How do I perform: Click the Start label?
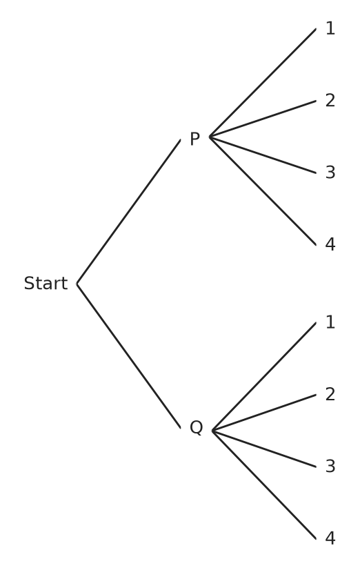(x=46, y=283)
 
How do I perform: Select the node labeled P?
(x=194, y=139)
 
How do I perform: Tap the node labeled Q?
(x=196, y=427)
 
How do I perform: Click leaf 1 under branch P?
(x=330, y=28)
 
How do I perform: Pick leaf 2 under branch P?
(x=330, y=100)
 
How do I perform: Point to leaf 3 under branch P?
(x=330, y=173)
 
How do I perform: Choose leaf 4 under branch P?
(x=330, y=244)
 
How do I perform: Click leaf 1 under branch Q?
(x=330, y=322)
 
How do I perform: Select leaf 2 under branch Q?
(x=330, y=394)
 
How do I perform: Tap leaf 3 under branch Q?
(x=330, y=467)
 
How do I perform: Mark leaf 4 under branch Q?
(x=330, y=538)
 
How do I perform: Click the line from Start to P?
(x=128, y=212)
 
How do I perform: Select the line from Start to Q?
(x=128, y=355)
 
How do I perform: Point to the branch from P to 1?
(x=263, y=83)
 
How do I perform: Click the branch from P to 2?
(x=263, y=119)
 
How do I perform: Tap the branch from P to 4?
(x=263, y=191)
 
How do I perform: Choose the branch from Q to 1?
(x=264, y=377)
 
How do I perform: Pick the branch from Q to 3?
(x=264, y=449)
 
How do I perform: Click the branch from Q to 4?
(x=264, y=484)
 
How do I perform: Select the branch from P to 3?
(x=263, y=155)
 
